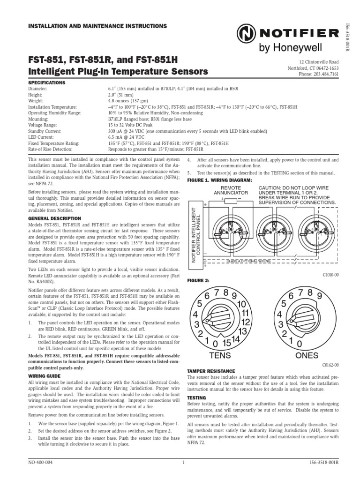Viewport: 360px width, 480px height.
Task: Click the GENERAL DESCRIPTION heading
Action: (55, 218)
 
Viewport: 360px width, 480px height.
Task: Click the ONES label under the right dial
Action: (307, 355)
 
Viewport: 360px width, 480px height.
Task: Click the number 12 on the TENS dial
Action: (244, 322)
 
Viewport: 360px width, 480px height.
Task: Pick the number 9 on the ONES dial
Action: (318, 296)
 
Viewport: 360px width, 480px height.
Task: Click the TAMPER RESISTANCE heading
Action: (211, 371)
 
